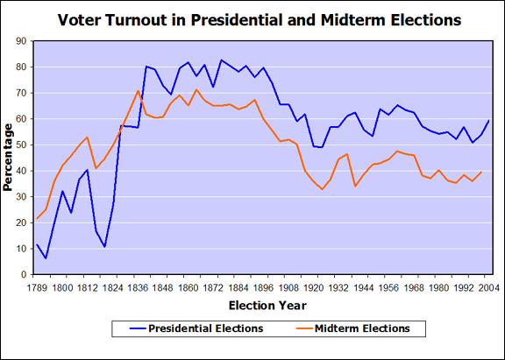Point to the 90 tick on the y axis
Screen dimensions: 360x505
point(21,40)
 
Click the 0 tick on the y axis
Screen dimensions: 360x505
point(24,274)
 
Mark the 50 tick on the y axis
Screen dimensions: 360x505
point(21,145)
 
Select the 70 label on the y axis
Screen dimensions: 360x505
point(21,92)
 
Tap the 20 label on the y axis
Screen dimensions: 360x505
point(21,222)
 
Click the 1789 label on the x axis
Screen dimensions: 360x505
point(37,286)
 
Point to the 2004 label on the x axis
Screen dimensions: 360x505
point(488,286)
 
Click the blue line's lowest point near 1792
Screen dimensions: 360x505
point(46,258)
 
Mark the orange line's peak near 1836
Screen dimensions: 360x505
point(138,90)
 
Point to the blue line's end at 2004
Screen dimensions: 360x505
point(488,120)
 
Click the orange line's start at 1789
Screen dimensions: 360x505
point(37,218)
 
